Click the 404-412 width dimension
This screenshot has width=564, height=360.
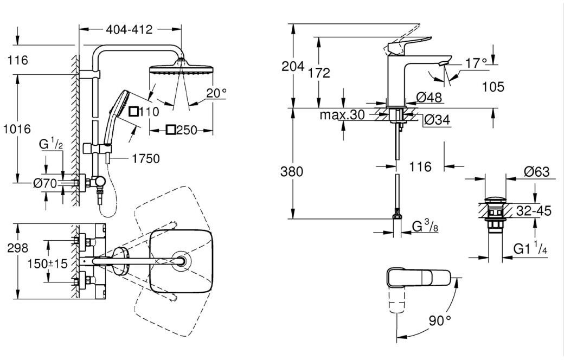click(129, 29)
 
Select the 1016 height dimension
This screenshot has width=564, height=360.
click(17, 128)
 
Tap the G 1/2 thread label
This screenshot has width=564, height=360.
click(51, 144)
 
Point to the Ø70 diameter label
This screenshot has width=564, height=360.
click(45, 183)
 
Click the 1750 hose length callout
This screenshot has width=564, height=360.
click(146, 159)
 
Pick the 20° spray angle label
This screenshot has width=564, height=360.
click(216, 93)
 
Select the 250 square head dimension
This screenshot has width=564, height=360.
click(181, 130)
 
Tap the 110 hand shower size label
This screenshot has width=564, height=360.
click(144, 112)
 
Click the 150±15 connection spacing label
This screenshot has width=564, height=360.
click(48, 263)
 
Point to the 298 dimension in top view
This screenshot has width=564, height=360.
click(18, 248)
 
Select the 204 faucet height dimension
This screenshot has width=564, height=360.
click(292, 66)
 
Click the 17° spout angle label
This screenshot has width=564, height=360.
click(476, 63)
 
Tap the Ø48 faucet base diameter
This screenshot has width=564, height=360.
click(429, 97)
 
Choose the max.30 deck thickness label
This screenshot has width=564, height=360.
click(342, 115)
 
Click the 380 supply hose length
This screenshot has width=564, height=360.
click(292, 171)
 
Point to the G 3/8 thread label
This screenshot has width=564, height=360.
click(425, 227)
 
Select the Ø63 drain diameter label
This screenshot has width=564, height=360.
click(537, 171)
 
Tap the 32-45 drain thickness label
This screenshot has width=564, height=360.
click(534, 211)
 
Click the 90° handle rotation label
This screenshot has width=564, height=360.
click(440, 320)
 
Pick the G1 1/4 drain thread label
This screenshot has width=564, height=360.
click(530, 248)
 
